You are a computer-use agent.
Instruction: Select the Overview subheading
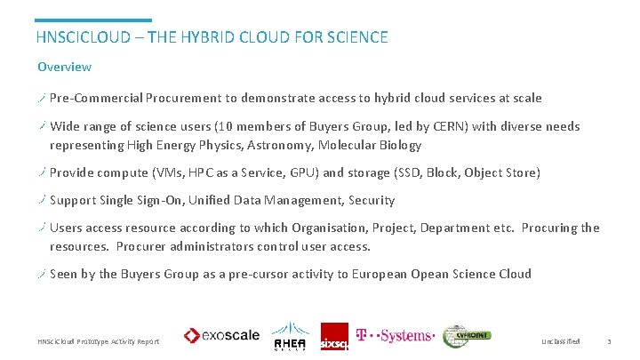[64, 67]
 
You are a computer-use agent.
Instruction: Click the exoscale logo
[221, 336]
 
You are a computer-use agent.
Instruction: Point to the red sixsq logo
[334, 336]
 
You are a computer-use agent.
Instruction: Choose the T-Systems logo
[394, 336]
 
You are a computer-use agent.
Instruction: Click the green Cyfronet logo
[467, 335]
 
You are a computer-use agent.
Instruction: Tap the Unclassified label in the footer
[560, 341]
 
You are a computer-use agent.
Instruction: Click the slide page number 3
[609, 341]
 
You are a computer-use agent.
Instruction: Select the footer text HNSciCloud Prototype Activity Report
[98, 341]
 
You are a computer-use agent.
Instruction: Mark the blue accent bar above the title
[93, 20]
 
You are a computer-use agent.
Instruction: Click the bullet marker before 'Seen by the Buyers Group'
[42, 274]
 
